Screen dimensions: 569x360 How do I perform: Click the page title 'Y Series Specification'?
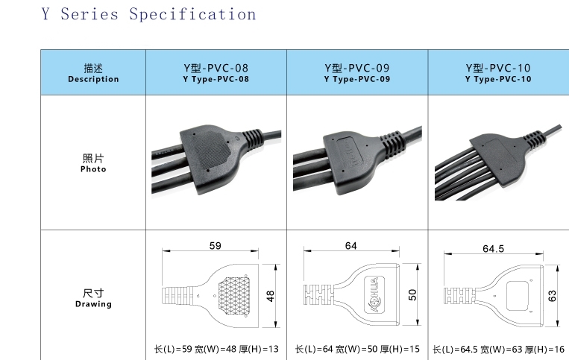(149, 14)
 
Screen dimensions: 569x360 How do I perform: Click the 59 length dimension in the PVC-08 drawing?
(216, 246)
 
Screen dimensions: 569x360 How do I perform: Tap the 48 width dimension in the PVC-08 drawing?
(271, 296)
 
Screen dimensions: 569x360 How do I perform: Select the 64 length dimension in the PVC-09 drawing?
(351, 246)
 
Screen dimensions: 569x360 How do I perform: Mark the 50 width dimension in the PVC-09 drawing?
(412, 294)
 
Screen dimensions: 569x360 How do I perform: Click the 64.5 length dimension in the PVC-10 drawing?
(493, 249)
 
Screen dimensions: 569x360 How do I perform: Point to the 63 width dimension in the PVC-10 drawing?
(553, 296)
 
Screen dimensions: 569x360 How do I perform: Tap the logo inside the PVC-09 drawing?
(374, 294)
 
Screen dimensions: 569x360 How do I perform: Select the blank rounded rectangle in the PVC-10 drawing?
(517, 296)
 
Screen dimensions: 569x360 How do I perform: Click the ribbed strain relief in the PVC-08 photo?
(253, 138)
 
